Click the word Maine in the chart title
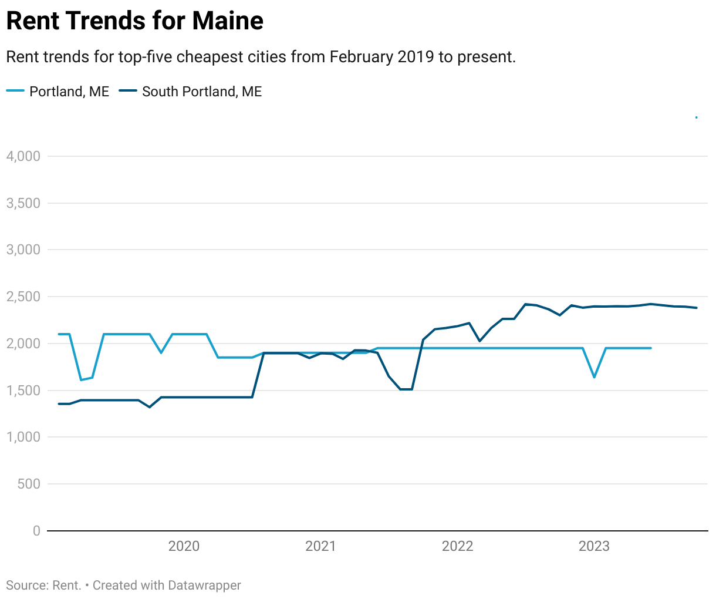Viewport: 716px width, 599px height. coord(228,21)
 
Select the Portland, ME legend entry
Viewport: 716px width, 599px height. coord(69,92)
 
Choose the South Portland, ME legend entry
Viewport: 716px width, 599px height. coord(201,92)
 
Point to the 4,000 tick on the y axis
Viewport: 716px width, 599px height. coord(23,156)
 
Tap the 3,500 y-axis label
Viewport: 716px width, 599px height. coord(23,203)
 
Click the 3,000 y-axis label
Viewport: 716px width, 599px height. coord(23,250)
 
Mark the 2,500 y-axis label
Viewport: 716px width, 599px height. coord(23,297)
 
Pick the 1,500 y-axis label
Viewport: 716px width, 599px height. coord(23,391)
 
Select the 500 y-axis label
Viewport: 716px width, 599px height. coord(29,484)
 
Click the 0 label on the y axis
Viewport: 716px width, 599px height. coord(36,531)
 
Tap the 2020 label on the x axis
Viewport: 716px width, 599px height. coord(184,546)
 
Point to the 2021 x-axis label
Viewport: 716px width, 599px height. coord(320,546)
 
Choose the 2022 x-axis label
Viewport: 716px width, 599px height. coord(457,546)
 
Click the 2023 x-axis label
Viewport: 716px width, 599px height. coord(594,546)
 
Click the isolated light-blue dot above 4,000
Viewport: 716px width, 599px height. coord(696,117)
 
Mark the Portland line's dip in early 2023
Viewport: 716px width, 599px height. coord(594,377)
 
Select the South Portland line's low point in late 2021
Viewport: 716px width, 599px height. coord(406,389)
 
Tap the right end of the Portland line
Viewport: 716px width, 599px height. coord(651,348)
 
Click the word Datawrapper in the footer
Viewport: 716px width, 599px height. coord(204,585)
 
